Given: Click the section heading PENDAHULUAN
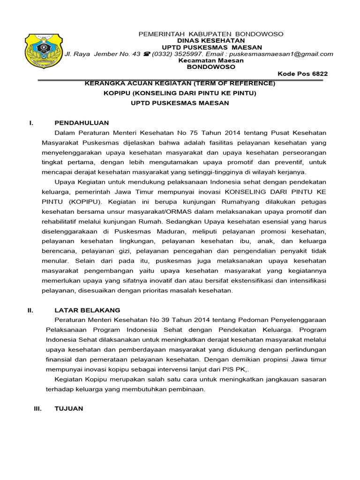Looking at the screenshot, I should [x=82, y=123].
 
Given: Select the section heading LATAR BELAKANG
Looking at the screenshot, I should [x=87, y=310].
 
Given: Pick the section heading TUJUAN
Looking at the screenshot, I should [x=69, y=409].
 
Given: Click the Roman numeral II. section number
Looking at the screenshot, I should [x=30, y=310].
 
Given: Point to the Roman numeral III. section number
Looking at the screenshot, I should [x=38, y=409].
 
